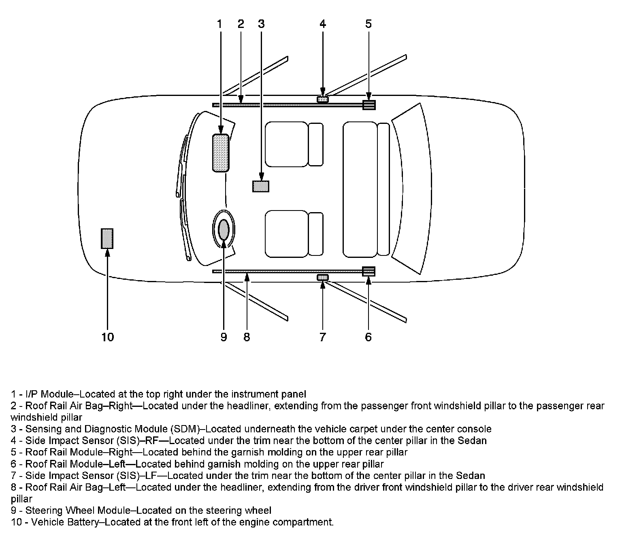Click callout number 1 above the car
tap(220, 24)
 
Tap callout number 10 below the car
tap(108, 337)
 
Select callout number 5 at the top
tap(368, 24)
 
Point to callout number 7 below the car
tap(322, 337)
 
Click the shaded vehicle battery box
tap(107, 238)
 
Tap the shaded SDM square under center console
tap(261, 186)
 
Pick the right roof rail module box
tap(369, 105)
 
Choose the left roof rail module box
tap(369, 271)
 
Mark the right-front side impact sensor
tap(323, 99)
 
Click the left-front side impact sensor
tap(323, 277)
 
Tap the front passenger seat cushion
tap(286, 144)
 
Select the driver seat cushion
tap(286, 233)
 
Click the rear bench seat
tap(360, 189)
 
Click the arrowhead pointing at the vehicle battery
tap(107, 252)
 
